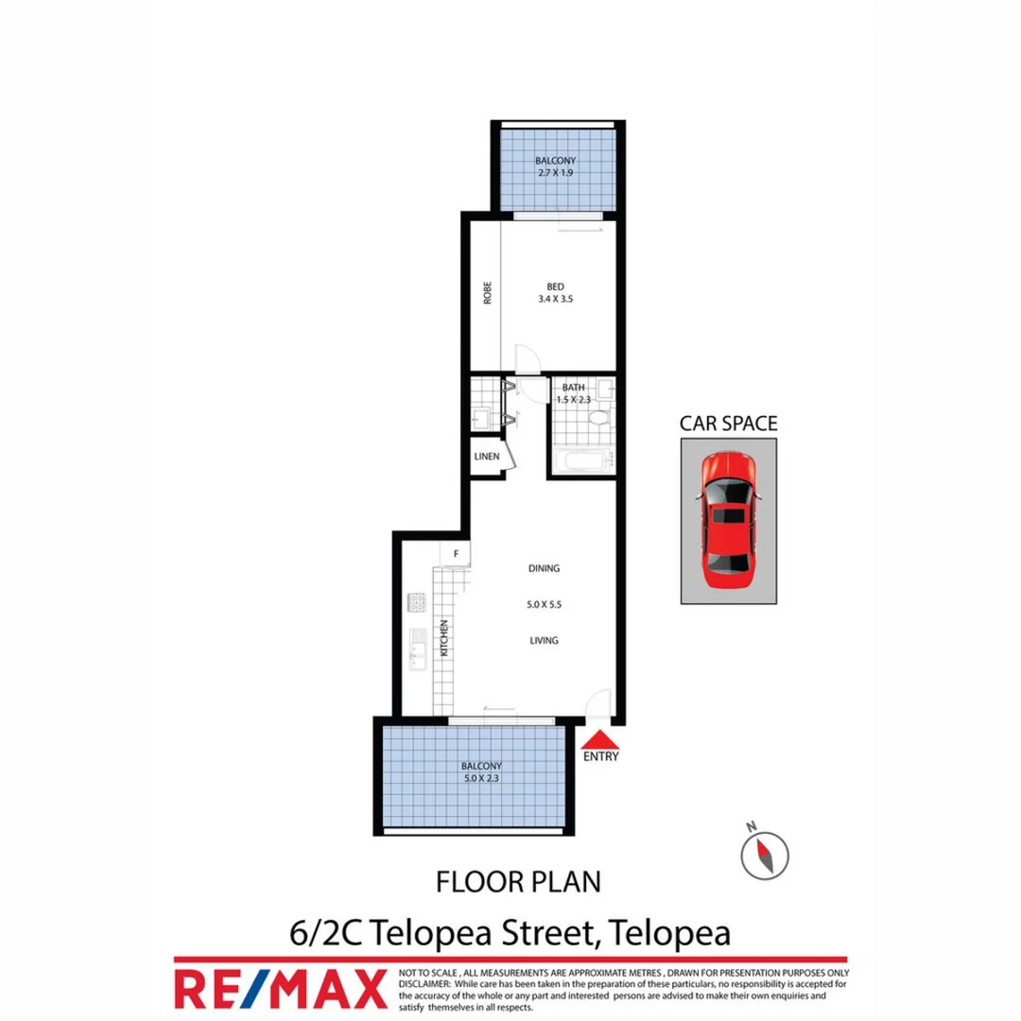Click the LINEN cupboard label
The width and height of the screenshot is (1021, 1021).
(x=487, y=458)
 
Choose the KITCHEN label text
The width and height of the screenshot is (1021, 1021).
(x=441, y=638)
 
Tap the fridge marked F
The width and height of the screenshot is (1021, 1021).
(x=456, y=554)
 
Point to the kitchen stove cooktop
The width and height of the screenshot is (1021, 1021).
(x=415, y=601)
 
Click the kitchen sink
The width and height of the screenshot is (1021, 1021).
(x=415, y=649)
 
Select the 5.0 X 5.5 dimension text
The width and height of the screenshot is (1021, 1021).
(x=545, y=604)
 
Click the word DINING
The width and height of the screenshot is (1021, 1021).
(x=545, y=568)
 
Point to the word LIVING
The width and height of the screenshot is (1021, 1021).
(x=544, y=640)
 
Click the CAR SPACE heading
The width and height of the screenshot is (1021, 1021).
(x=729, y=424)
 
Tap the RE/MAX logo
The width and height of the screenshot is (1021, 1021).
(x=281, y=988)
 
